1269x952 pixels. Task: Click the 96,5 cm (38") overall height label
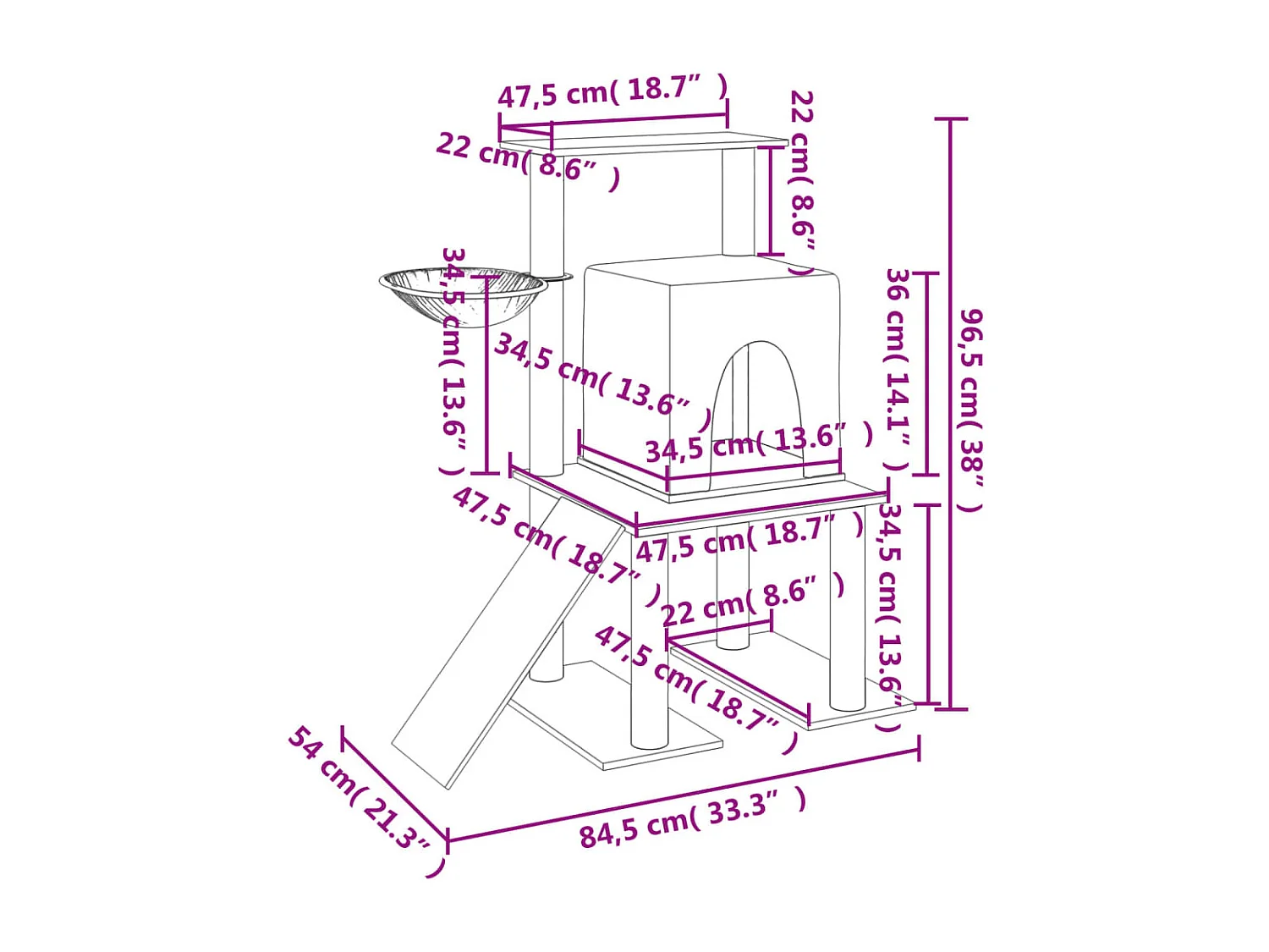pos(970,411)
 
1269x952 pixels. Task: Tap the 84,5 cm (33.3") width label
pos(693,816)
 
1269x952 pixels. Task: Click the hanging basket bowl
pos(463,294)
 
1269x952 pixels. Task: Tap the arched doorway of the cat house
pos(759,404)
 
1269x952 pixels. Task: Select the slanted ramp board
pos(508,641)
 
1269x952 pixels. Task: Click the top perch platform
pos(644,145)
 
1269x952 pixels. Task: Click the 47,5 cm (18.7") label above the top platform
pos(613,91)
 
